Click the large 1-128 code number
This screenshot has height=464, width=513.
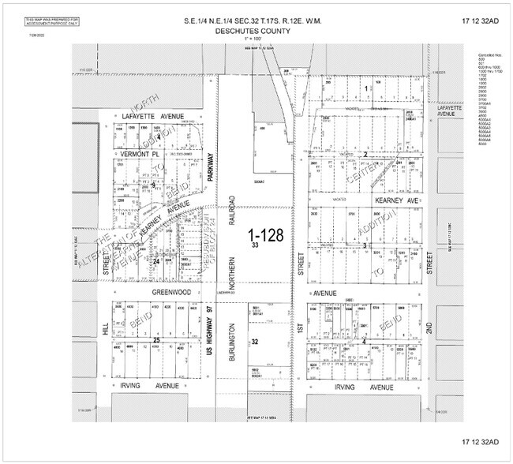(x=262, y=235)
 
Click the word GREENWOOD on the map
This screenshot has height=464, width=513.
(x=171, y=292)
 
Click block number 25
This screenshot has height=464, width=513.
(x=156, y=340)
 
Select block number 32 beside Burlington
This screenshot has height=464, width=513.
(x=255, y=342)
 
